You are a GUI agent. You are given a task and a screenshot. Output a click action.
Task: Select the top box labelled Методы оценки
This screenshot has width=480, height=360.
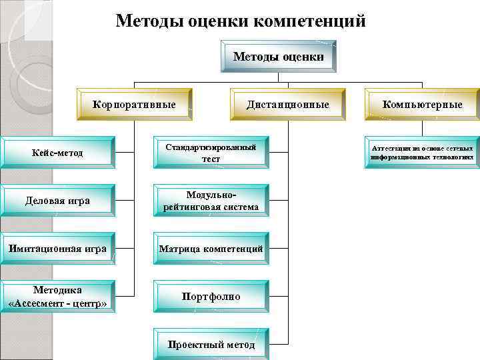coord(278,57)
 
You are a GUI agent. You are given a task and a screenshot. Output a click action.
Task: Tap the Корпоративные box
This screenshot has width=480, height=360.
coord(134,105)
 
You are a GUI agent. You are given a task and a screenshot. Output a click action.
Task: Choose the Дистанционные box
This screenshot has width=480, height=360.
coord(287,105)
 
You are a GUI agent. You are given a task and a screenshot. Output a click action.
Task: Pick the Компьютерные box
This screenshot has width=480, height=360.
coord(422,105)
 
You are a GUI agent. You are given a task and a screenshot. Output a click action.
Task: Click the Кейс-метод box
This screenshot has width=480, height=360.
coord(57,153)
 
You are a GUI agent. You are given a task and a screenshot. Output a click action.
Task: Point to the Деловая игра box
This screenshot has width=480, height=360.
coord(57,201)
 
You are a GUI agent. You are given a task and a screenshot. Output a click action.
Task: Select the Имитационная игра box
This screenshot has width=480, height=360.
coord(57,249)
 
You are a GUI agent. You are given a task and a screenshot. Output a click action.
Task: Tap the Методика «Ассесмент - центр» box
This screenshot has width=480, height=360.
coord(57,297)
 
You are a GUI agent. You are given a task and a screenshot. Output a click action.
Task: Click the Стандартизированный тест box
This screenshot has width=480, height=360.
coord(211,153)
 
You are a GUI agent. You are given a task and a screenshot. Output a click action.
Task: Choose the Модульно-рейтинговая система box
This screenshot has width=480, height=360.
coord(211,201)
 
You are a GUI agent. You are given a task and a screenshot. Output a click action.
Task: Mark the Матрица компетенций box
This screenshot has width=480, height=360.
coord(211,249)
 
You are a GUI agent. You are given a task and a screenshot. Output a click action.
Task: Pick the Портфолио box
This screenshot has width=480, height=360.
coord(211,297)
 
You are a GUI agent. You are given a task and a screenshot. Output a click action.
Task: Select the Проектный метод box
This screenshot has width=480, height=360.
coord(211,345)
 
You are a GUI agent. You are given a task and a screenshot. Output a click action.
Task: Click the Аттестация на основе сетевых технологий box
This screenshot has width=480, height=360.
coord(422,153)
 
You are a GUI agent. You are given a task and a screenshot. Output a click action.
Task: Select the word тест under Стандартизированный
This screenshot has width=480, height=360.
coord(211,159)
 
